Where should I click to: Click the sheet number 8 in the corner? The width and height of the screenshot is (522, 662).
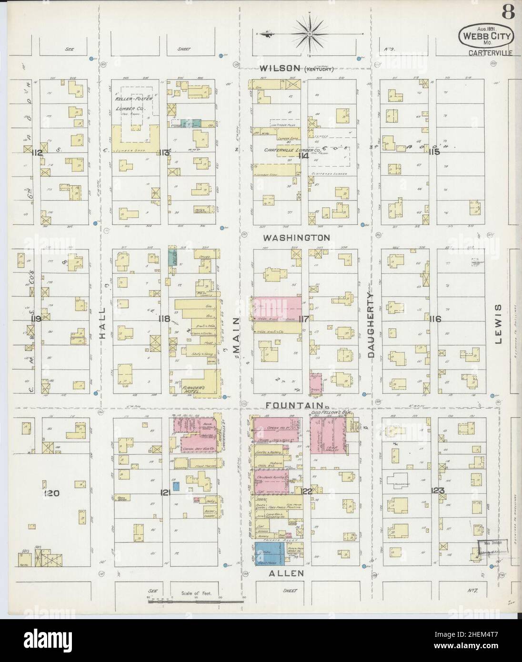tap(508, 13)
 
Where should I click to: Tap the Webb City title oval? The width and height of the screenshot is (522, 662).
tap(485, 35)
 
